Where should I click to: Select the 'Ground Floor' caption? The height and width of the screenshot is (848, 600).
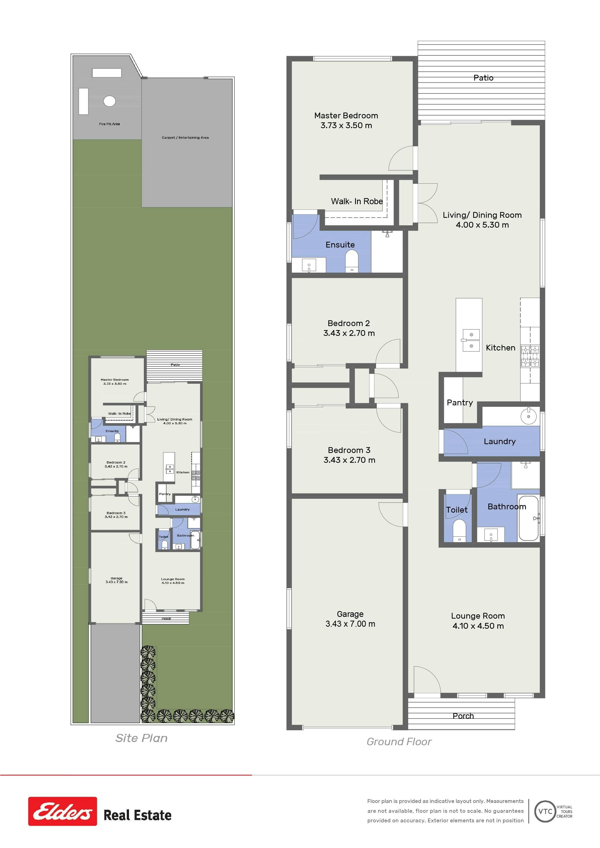point(399,742)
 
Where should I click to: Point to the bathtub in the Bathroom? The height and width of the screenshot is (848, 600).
point(528,518)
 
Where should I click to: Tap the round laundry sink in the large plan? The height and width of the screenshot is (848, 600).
point(529,416)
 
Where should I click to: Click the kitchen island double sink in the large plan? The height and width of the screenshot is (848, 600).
point(471,340)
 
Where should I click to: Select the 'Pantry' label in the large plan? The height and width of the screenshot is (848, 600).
point(460,403)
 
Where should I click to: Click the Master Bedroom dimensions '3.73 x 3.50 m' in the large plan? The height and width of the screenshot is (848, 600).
point(346,125)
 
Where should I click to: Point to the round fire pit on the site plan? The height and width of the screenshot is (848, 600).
point(109,101)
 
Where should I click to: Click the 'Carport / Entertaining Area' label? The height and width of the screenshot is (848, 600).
point(185,137)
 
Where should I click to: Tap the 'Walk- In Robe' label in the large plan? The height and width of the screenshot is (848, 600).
point(357,201)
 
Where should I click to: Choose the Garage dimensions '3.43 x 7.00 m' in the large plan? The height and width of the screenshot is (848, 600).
point(350,624)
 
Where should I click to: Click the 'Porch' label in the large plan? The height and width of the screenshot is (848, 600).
point(463,716)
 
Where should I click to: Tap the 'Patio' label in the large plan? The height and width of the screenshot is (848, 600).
point(483,78)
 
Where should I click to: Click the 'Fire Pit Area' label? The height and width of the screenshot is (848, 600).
point(109,124)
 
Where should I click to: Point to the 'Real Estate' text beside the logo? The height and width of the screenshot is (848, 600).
point(138,815)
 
